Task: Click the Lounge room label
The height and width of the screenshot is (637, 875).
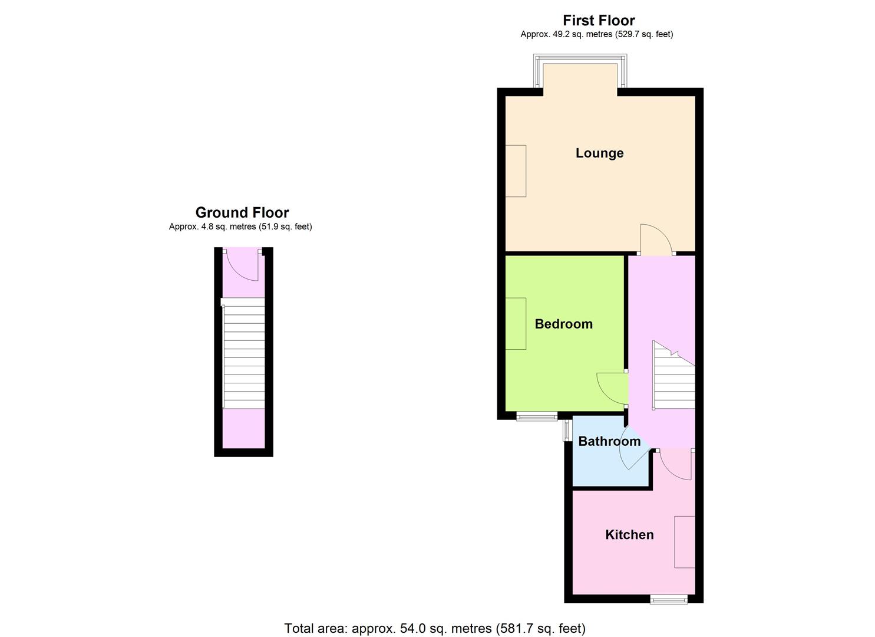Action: pos(600,153)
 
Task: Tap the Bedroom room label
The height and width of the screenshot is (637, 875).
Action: pos(564,324)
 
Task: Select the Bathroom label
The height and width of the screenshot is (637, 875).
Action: pos(609,441)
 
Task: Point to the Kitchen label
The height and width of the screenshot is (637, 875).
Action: pos(629,534)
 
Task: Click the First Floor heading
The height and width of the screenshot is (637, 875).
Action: pos(599,20)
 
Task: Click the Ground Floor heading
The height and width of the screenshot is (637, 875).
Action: pos(242,212)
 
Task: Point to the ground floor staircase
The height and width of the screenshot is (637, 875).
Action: pos(243,353)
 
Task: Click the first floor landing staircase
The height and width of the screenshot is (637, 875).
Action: pos(674,375)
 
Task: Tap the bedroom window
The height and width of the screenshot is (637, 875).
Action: pos(537,417)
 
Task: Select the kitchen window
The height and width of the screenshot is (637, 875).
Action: pos(668,599)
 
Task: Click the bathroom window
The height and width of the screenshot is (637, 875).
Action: pos(567,431)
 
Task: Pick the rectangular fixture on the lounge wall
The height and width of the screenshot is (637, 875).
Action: pos(516,171)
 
